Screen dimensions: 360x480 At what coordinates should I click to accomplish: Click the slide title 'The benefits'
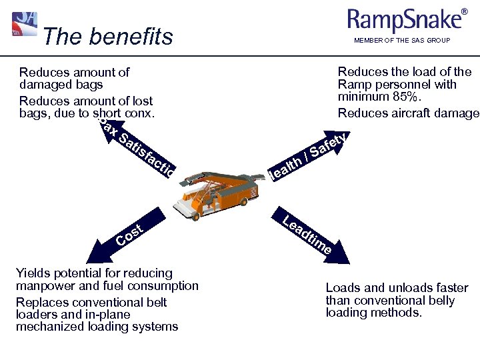107,37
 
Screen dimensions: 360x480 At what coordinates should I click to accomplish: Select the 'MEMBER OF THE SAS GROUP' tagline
402,41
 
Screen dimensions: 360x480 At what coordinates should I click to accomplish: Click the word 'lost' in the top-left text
141,101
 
